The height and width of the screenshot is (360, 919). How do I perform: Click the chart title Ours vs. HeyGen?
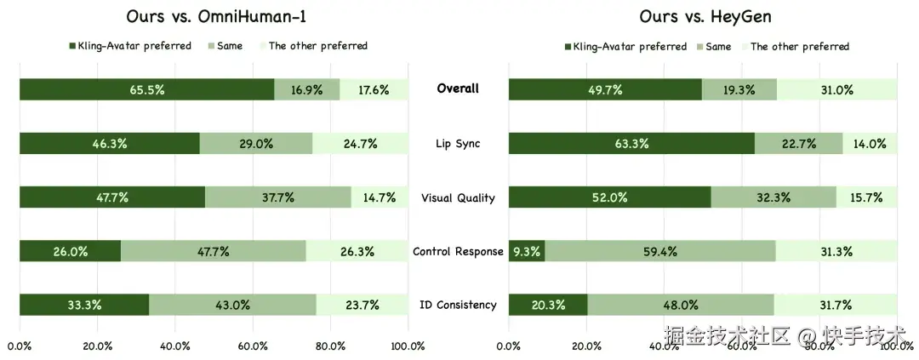705,16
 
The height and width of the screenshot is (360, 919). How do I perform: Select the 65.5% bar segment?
146,89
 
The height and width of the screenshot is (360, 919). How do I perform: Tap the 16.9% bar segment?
307,89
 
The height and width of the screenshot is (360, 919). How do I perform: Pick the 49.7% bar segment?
605,89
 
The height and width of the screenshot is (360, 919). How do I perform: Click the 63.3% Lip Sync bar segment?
631,144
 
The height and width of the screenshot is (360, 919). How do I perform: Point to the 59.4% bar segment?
659,251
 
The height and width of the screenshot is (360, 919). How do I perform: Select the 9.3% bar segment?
527,251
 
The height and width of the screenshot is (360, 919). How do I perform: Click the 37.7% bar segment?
278,197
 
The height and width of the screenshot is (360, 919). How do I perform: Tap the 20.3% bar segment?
548,305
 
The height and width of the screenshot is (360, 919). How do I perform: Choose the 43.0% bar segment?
232,305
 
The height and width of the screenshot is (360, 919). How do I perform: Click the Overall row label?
458,89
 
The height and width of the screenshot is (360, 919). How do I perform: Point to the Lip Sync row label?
458,144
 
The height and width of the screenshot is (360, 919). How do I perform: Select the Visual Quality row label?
458,198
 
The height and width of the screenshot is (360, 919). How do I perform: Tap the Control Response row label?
458,252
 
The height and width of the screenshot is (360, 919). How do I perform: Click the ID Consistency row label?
458,305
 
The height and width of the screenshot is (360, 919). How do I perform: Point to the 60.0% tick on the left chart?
253,346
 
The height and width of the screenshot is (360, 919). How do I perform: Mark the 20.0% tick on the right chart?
586,346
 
